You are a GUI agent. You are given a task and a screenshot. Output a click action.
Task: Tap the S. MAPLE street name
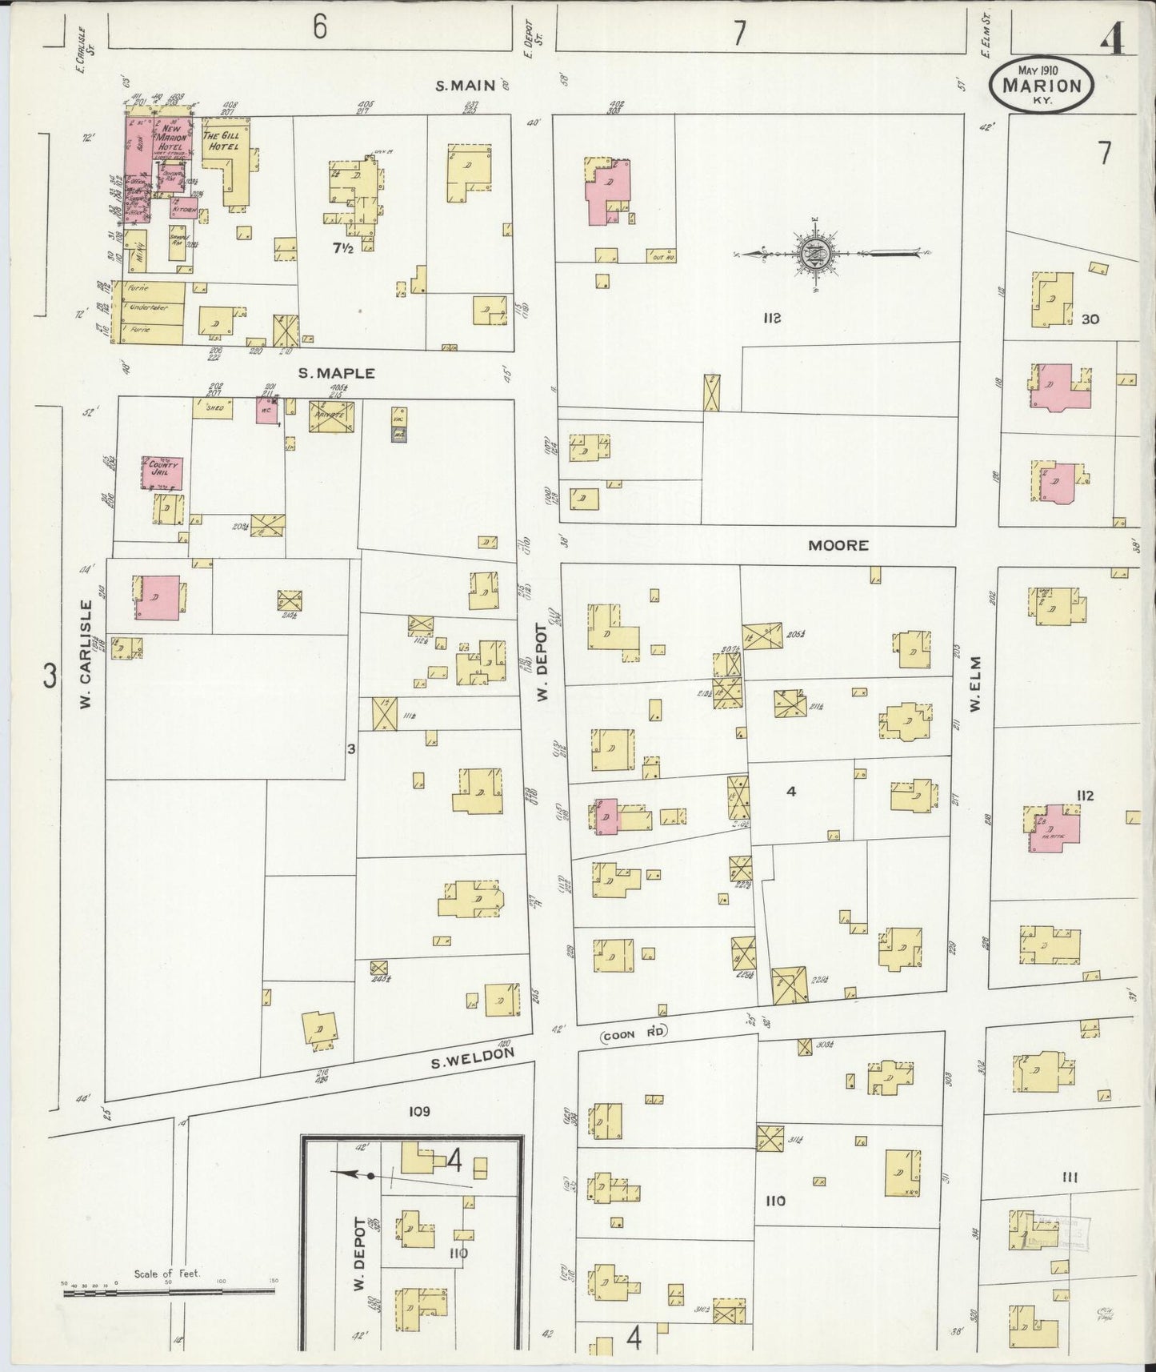point(326,373)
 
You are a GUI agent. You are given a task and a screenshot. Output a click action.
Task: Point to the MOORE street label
point(838,545)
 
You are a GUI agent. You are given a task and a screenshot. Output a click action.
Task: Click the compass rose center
point(816,254)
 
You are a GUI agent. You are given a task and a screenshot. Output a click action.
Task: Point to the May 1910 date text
point(1039,70)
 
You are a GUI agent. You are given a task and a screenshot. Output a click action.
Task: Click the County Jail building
point(163,473)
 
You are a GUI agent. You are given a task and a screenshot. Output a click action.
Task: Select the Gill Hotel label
point(225,142)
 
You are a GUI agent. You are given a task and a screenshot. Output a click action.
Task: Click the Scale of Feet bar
point(168,1290)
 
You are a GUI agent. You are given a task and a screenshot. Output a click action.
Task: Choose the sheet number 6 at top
point(320,28)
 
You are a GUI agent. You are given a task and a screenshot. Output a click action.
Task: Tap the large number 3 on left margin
point(50,677)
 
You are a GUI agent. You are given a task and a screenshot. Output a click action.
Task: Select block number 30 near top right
point(1090,319)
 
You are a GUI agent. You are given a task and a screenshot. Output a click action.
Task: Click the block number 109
point(419,1111)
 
